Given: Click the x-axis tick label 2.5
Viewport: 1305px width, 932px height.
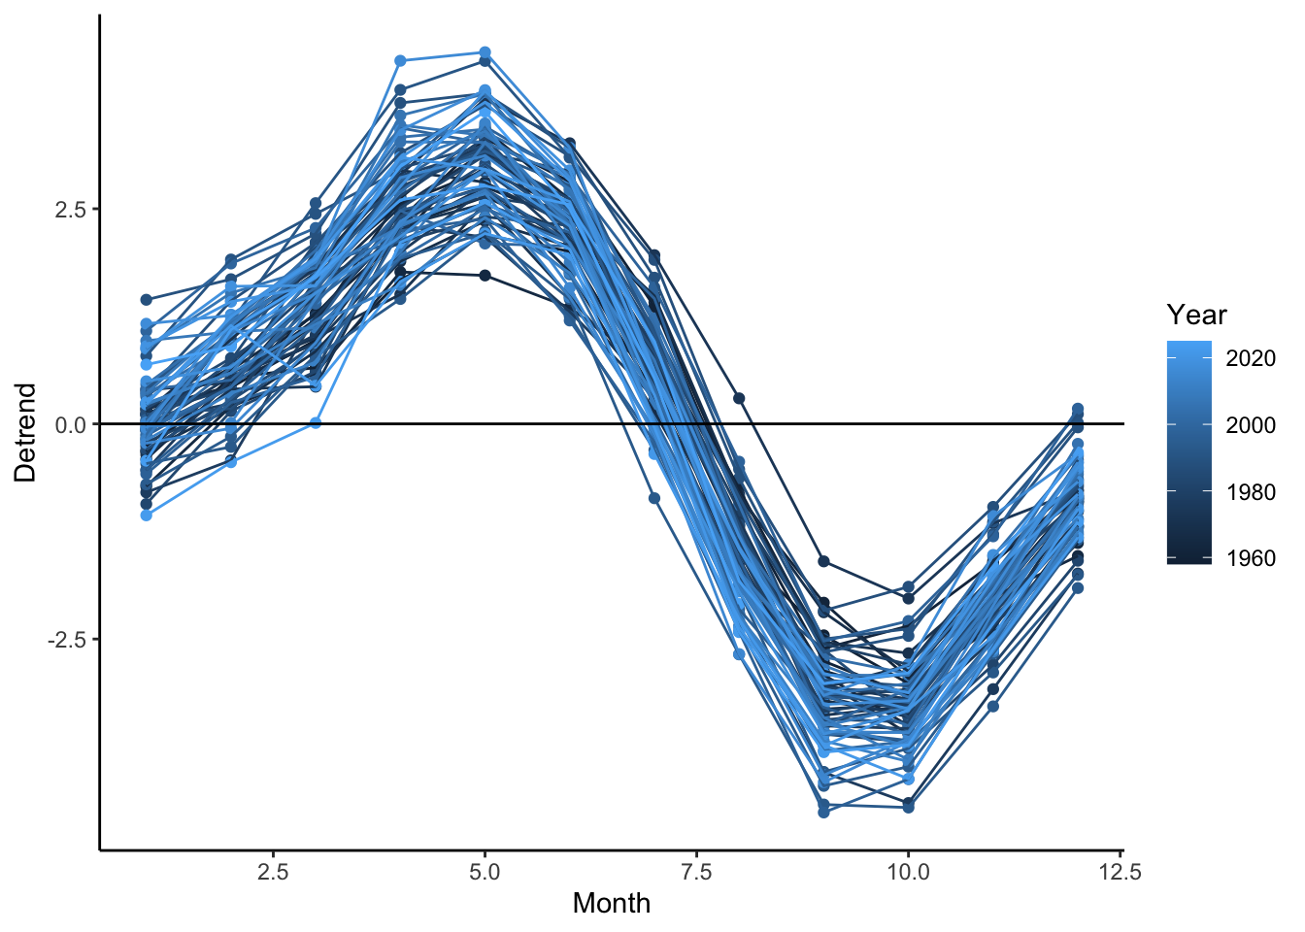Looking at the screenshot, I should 273,872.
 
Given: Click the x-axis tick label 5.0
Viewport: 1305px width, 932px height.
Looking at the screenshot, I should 485,872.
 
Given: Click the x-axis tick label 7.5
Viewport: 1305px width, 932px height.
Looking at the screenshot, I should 696,872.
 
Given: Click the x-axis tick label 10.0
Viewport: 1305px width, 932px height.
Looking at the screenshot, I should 908,872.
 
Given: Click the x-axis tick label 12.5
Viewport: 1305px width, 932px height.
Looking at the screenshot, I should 1120,872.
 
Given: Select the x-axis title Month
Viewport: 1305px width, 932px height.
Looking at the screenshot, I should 611,903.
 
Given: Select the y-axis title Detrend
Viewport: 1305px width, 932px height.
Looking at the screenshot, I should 25,432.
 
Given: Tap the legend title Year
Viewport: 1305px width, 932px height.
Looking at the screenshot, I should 1196,315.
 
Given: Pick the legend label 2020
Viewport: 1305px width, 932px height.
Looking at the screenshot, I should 1251,358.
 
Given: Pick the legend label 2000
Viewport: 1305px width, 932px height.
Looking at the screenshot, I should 1251,425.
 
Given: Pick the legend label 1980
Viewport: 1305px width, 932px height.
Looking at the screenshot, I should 1251,492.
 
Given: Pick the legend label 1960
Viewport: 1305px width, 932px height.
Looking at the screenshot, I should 1251,558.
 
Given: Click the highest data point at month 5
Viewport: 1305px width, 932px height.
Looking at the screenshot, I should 485,52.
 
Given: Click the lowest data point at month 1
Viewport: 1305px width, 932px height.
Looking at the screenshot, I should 146,516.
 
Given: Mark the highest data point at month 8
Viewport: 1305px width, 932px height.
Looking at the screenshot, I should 739,398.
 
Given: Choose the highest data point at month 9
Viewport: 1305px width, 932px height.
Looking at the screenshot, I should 823,561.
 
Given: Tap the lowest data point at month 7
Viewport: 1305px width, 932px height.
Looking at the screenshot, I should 654,498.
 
